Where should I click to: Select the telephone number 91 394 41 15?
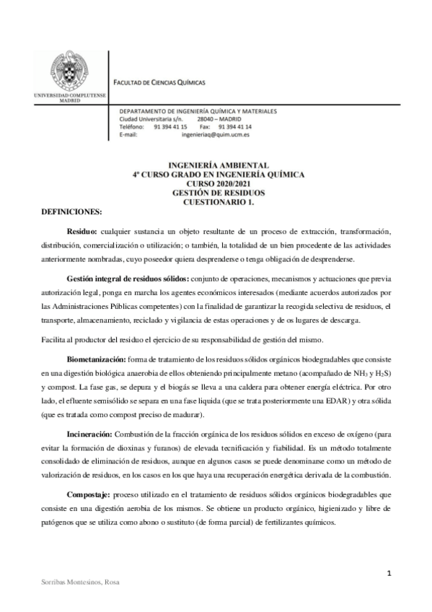pyautogui.click(x=170, y=127)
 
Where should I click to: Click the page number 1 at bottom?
pyautogui.click(x=389, y=574)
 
